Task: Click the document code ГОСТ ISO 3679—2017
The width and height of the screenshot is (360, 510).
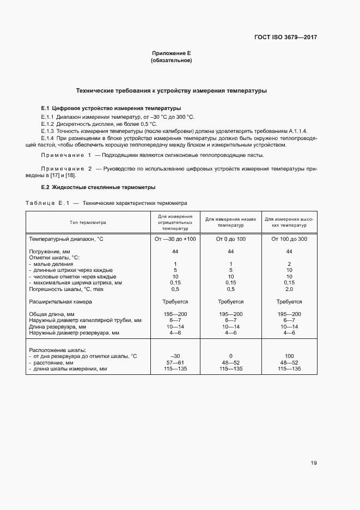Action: (x=285, y=38)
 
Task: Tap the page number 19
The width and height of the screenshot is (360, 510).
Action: (x=314, y=463)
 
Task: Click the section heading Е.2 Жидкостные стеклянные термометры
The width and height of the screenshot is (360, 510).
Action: (x=98, y=187)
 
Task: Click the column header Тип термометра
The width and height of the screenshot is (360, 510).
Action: (x=88, y=223)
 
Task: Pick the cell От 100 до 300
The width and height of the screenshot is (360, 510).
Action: (x=289, y=239)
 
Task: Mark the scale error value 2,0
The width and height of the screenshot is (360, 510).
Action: (x=289, y=289)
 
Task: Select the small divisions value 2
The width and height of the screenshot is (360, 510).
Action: (x=289, y=264)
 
